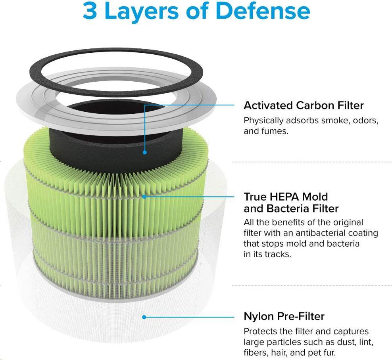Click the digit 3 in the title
(x=90, y=11)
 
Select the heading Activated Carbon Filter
(x=304, y=105)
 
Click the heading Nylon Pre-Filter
(x=284, y=316)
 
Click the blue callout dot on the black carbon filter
(x=144, y=152)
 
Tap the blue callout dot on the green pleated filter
(x=144, y=197)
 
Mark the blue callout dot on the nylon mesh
(x=144, y=317)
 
